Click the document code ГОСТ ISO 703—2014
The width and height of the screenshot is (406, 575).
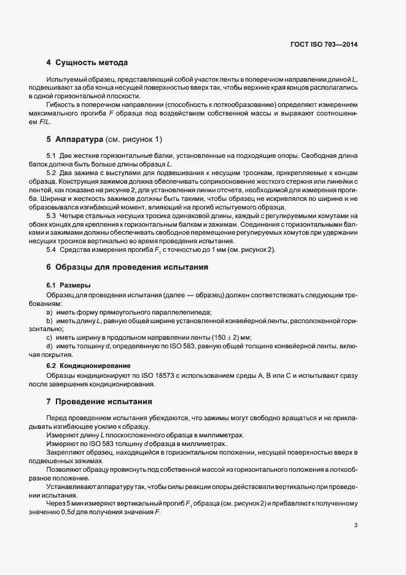pos(324,44)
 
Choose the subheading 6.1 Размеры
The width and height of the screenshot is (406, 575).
pos(68,286)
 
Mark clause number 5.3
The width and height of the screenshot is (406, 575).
pos(51,216)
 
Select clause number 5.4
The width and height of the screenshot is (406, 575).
pos(51,249)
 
